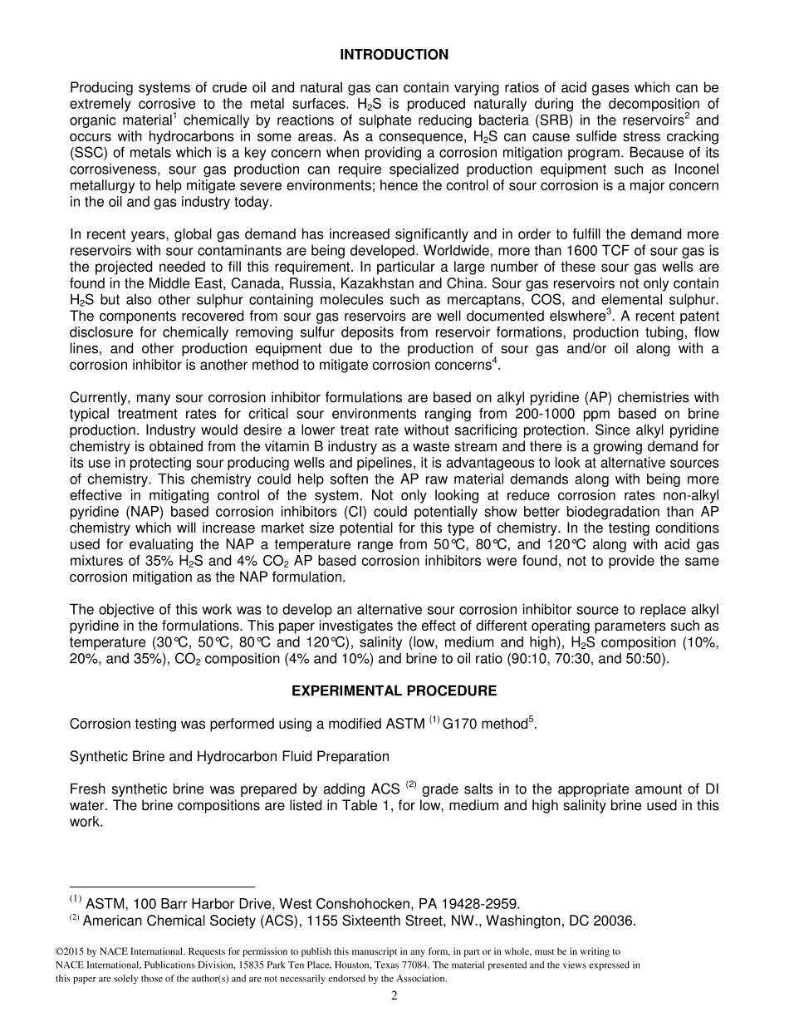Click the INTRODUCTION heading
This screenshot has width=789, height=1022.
coord(394,55)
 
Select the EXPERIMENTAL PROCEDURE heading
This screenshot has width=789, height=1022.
coord(394,691)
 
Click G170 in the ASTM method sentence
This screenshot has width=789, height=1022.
coord(461,725)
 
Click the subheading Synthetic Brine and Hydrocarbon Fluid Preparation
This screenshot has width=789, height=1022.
coord(229,757)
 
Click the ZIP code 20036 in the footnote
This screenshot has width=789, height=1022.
coord(614,921)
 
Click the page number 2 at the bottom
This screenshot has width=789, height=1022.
coord(394,996)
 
